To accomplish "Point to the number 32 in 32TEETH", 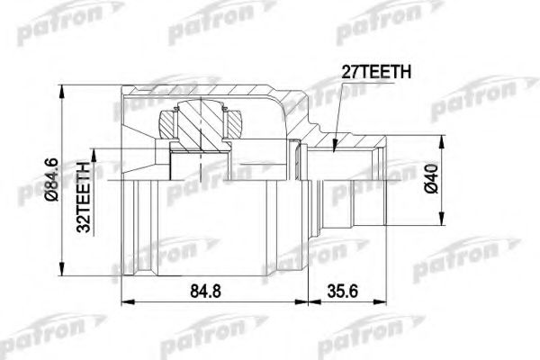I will (x=84, y=225).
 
